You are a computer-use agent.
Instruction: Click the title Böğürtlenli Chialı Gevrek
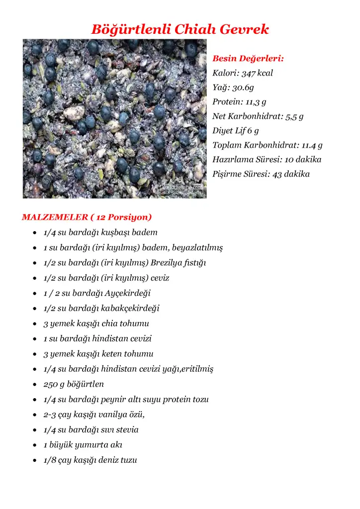click(x=180, y=29)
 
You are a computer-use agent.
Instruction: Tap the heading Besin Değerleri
click(x=248, y=59)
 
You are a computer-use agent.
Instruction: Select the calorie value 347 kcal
click(x=257, y=73)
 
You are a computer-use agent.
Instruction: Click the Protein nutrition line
click(x=239, y=102)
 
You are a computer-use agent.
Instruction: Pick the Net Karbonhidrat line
click(x=258, y=116)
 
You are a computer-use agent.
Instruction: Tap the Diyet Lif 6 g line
click(x=236, y=131)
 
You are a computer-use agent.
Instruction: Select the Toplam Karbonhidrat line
click(x=268, y=145)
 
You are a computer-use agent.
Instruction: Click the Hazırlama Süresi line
click(x=267, y=160)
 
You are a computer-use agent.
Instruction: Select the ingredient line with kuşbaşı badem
click(x=100, y=232)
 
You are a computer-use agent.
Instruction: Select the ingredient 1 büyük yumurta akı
click(x=83, y=445)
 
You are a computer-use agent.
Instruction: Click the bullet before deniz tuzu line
click(x=33, y=460)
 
